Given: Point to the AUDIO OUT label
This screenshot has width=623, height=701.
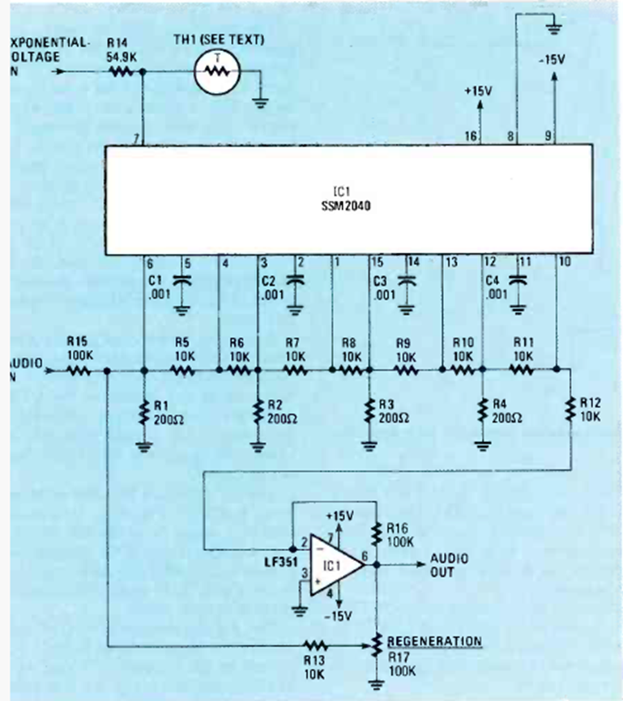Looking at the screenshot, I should (x=448, y=564).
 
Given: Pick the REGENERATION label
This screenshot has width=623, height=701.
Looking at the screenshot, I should (x=434, y=641).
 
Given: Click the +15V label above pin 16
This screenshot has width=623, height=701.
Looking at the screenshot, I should (x=478, y=91).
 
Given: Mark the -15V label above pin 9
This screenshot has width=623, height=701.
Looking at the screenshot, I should (x=555, y=59).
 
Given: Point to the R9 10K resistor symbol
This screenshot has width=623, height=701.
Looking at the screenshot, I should (x=405, y=372).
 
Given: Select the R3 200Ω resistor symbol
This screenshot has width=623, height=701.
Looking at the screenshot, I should (x=369, y=411).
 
